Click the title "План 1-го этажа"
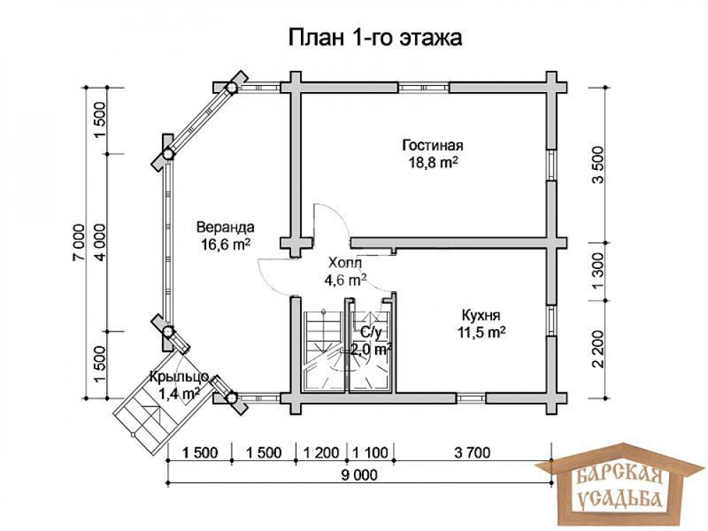(x=375, y=38)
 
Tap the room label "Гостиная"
(x=433, y=145)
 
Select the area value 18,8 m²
(x=433, y=162)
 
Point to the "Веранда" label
(x=225, y=227)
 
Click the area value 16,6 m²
(x=226, y=244)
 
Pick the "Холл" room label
(x=345, y=263)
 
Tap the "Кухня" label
(x=481, y=315)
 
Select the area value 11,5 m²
(x=481, y=332)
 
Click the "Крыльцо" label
(x=179, y=376)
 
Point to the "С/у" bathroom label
(x=371, y=333)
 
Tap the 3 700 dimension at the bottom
(x=472, y=452)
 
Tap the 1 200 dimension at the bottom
(x=321, y=452)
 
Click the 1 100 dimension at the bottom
(x=370, y=452)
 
